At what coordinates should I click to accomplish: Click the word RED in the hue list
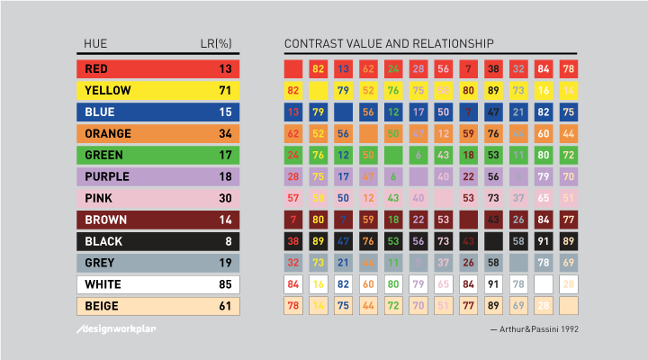94,68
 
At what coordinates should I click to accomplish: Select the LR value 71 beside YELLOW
225,90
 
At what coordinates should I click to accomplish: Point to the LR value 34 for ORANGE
225,133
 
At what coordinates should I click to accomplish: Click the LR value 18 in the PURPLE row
225,176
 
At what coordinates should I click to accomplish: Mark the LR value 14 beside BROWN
225,220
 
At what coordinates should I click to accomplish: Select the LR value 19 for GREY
225,263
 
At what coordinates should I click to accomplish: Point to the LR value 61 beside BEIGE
225,306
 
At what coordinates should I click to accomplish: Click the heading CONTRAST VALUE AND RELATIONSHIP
389,43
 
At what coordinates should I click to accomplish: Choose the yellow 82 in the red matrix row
318,68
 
